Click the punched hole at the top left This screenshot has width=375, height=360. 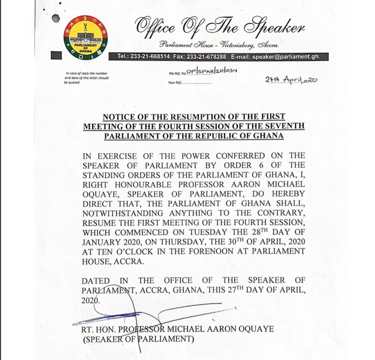56,18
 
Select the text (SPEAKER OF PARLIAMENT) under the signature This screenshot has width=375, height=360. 131,339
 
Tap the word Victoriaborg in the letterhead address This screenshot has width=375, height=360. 242,45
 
